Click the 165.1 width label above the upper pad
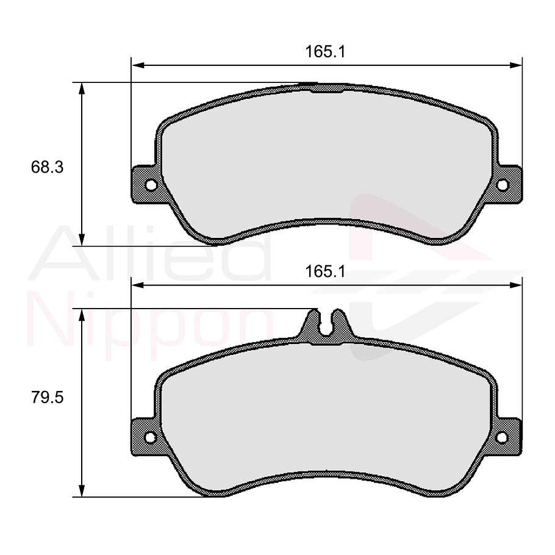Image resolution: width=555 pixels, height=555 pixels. pyautogui.click(x=326, y=52)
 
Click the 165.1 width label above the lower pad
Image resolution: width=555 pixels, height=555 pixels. pyautogui.click(x=326, y=272)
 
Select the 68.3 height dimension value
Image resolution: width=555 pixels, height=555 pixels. pyautogui.click(x=48, y=167)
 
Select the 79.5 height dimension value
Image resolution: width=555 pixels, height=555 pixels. pyautogui.click(x=48, y=398)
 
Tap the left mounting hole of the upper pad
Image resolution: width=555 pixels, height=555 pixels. pyautogui.click(x=151, y=185)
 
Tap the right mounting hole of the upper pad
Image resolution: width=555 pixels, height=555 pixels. pyautogui.click(x=503, y=185)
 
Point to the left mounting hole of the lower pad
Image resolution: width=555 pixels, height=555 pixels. pyautogui.click(x=151, y=437)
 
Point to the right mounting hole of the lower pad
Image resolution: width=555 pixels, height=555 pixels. pyautogui.click(x=503, y=437)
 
